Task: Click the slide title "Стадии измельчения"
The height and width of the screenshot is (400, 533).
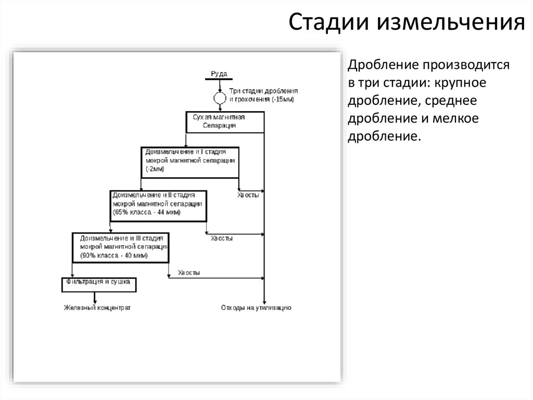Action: pyautogui.click(x=406, y=23)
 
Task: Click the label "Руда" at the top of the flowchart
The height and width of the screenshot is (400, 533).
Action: pyautogui.click(x=219, y=74)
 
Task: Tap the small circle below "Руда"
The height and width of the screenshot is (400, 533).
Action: pyautogui.click(x=220, y=98)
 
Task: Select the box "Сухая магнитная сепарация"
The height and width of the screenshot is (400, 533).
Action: pyautogui.click(x=225, y=122)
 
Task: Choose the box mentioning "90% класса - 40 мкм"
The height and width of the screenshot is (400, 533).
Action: pyautogui.click(x=120, y=247)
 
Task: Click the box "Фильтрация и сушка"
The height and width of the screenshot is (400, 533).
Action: pyautogui.click(x=99, y=284)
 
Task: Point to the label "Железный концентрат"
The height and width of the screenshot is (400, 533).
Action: pyautogui.click(x=97, y=308)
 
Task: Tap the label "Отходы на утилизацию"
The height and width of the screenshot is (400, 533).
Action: pyautogui.click(x=256, y=308)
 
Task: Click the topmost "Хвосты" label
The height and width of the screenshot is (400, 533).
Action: pyautogui.click(x=248, y=195)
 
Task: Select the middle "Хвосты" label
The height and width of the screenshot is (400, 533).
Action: pyautogui.click(x=222, y=238)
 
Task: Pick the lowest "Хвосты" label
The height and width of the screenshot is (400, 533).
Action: pyautogui.click(x=189, y=273)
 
